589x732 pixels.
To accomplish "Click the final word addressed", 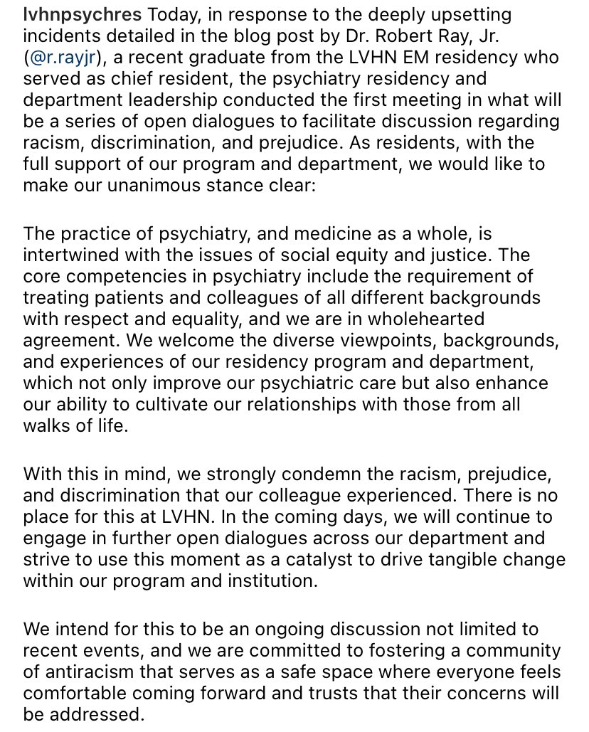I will (x=95, y=714).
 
